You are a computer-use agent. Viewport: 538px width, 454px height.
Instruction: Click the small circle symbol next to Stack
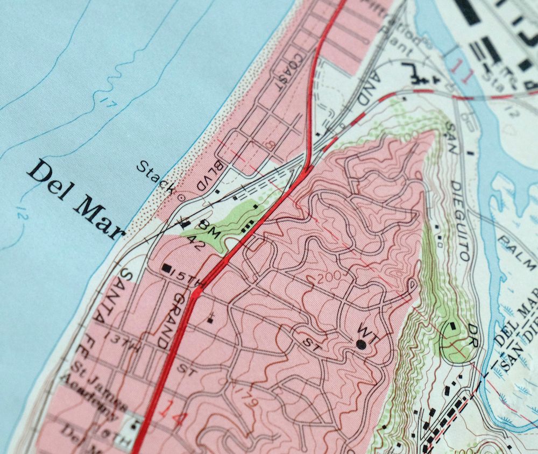point(181,197)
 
